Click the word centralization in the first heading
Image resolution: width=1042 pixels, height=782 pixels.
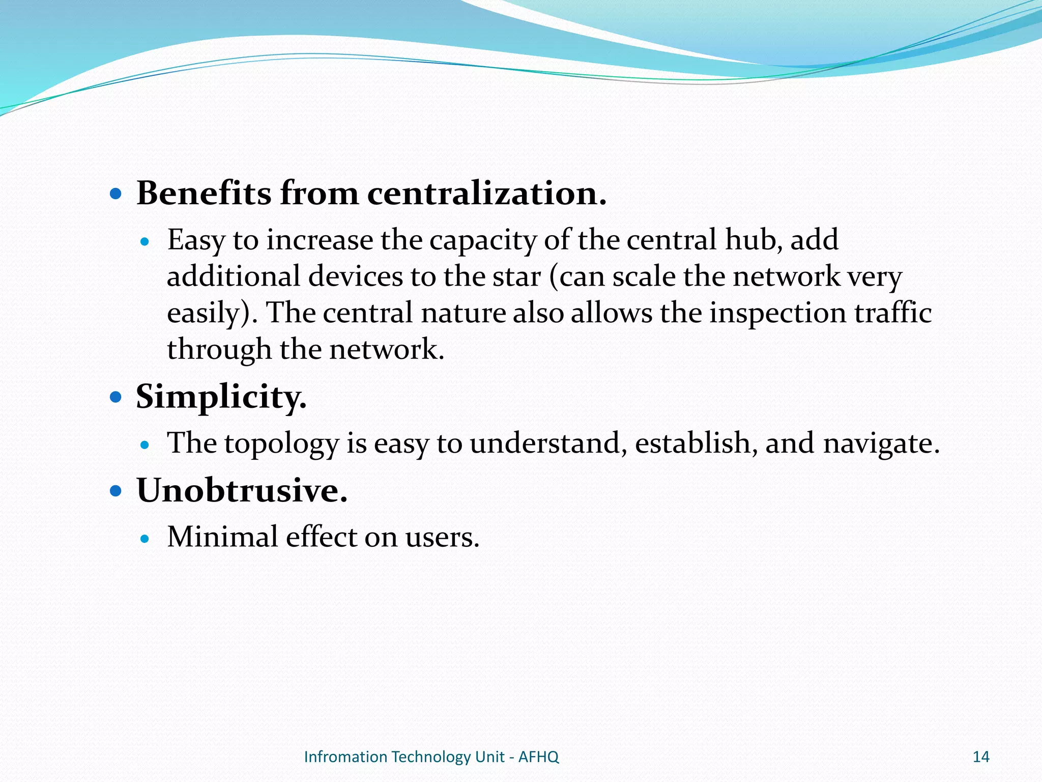click(x=486, y=193)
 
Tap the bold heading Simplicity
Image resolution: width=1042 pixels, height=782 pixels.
click(x=221, y=397)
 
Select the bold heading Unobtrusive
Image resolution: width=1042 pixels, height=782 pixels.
click(x=242, y=491)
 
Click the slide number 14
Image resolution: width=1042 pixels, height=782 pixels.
click(x=980, y=757)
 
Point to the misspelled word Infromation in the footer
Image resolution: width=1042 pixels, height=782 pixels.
click(x=345, y=757)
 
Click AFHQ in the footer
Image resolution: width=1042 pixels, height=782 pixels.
click(x=538, y=757)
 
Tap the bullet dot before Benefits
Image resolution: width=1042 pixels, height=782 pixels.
click(x=116, y=194)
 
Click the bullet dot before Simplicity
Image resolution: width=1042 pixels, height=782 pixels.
click(x=116, y=397)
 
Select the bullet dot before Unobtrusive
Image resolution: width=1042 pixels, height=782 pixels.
click(x=116, y=491)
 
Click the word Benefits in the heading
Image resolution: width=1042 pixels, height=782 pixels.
click(x=204, y=193)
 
